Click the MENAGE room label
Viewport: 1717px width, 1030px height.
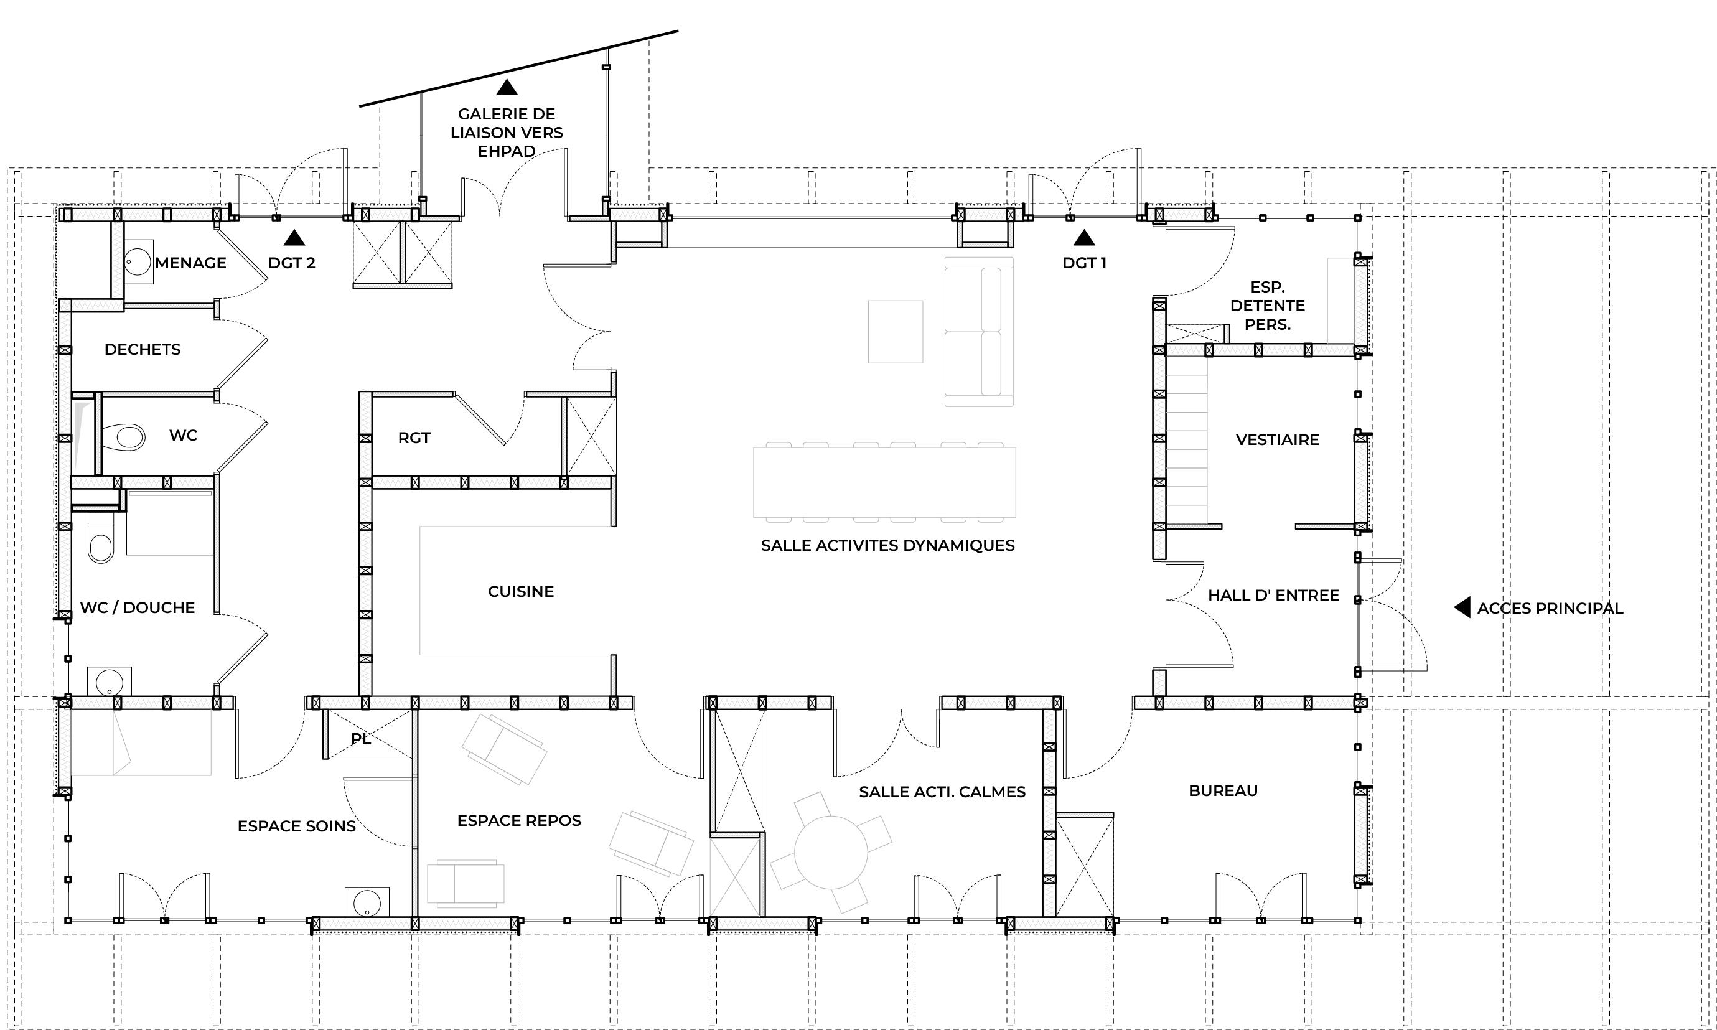[x=191, y=263]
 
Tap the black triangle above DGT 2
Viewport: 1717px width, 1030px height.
[x=294, y=238]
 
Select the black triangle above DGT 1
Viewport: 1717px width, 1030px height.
[x=1084, y=238]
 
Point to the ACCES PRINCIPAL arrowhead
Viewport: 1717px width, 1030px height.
[x=1462, y=607]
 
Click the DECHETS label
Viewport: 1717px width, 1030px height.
[x=143, y=350]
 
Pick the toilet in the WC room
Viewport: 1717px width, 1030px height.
[x=124, y=438]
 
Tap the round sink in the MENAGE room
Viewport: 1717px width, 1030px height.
[x=138, y=263]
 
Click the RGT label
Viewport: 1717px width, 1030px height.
[x=414, y=438]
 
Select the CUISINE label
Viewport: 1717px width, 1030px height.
[x=520, y=592]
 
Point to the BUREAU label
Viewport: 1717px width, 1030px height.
[x=1223, y=790]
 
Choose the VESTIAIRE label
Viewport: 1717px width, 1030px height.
[x=1277, y=440]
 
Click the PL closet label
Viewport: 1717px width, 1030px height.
[x=361, y=739]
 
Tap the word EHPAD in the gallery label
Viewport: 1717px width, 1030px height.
[x=507, y=151]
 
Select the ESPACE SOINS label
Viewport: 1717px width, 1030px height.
[x=296, y=826]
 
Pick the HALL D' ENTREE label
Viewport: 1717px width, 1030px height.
[x=1273, y=596]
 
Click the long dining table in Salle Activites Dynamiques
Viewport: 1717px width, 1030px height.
[x=884, y=482]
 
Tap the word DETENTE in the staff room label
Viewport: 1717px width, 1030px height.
[x=1267, y=306]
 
